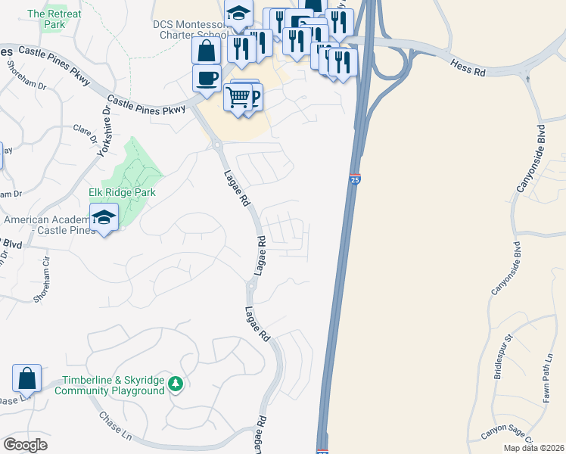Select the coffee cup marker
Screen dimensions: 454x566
point(207,78)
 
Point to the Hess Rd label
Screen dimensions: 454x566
point(469,69)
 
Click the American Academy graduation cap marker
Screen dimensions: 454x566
point(103,218)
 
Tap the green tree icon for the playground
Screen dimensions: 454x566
point(176,384)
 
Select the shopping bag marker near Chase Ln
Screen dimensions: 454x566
point(26,378)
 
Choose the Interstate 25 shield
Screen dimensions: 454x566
point(356,180)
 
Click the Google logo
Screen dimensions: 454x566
point(25,445)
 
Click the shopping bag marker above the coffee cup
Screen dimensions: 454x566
point(207,51)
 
